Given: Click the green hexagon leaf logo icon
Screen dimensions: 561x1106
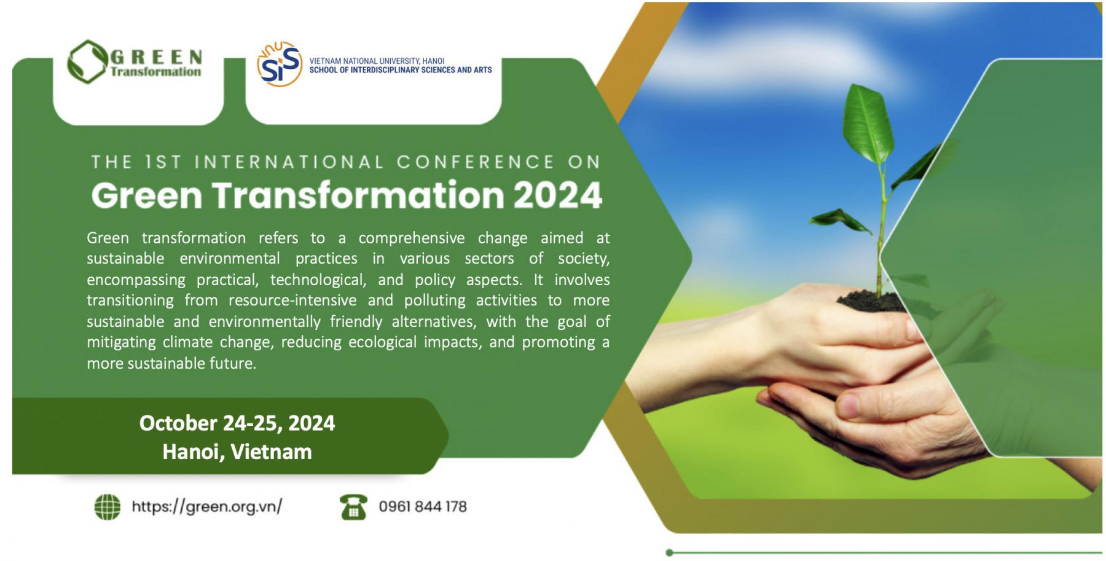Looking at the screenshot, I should (x=87, y=61).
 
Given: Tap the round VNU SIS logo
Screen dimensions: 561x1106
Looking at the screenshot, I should (x=280, y=64).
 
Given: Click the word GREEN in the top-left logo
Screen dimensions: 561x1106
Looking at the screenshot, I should (x=156, y=57).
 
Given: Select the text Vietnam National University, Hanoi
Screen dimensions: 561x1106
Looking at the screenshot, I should (x=377, y=61).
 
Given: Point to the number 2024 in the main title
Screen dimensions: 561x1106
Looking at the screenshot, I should (x=557, y=195).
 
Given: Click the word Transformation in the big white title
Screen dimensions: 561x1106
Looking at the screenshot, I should (x=358, y=195).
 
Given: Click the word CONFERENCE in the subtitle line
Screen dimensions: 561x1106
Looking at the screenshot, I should (x=476, y=162).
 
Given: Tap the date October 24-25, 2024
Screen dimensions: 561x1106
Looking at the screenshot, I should (x=237, y=423).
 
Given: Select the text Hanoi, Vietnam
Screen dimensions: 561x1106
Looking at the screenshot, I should (x=237, y=452).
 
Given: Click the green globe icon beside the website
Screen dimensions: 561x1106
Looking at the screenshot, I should (x=108, y=507).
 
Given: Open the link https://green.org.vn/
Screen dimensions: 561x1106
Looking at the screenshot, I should (x=206, y=506).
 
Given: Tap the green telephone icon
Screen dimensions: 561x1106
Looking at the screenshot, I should (x=353, y=507).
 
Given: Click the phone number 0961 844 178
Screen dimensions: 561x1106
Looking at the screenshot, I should (x=423, y=506).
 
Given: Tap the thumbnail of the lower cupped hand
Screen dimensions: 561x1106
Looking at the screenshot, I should (x=849, y=406).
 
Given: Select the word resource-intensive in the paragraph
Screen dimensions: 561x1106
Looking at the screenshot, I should (x=292, y=300).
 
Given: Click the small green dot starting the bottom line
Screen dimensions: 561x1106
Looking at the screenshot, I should (x=669, y=552).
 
